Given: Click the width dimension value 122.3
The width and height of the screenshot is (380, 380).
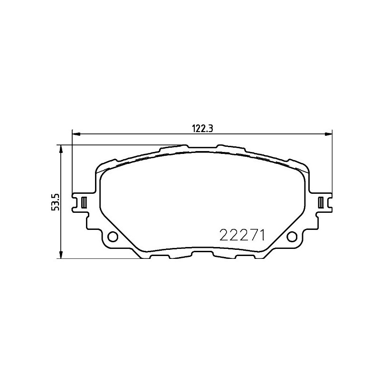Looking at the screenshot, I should point(202,128).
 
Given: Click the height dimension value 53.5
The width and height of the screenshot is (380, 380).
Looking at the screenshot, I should point(56,202).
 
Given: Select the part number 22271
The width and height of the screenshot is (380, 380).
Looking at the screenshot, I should point(241,235).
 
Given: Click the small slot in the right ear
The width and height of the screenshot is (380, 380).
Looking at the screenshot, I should point(321,202).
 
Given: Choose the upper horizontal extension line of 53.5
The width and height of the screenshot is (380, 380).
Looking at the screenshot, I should point(119,145).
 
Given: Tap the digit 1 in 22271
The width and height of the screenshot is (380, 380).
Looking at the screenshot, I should point(261,235).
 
